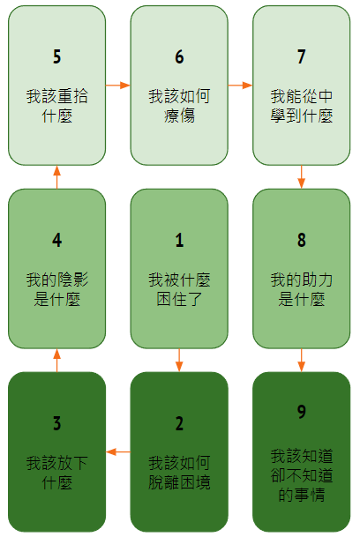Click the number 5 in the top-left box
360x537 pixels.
[57, 56]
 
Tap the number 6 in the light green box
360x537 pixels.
[179, 56]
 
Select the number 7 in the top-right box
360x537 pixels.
[302, 56]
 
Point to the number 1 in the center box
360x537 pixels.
[179, 240]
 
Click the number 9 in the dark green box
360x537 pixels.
[302, 412]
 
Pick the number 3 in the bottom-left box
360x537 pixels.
[57, 423]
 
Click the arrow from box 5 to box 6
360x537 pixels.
[118, 85]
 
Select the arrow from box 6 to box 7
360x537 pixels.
[240, 85]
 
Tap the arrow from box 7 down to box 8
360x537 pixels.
[302, 177]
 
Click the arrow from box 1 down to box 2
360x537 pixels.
[179, 361]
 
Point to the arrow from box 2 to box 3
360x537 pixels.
[118, 452]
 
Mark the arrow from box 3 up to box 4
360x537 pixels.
[57, 361]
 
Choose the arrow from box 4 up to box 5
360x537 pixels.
[57, 177]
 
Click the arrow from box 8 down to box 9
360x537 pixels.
[302, 361]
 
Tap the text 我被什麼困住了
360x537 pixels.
[179, 289]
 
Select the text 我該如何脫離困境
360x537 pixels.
[179, 473]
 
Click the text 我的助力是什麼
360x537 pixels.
[302, 289]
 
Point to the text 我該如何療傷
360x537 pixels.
[179, 106]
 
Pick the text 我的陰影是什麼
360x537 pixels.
[57, 289]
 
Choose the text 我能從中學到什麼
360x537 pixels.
[302, 106]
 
